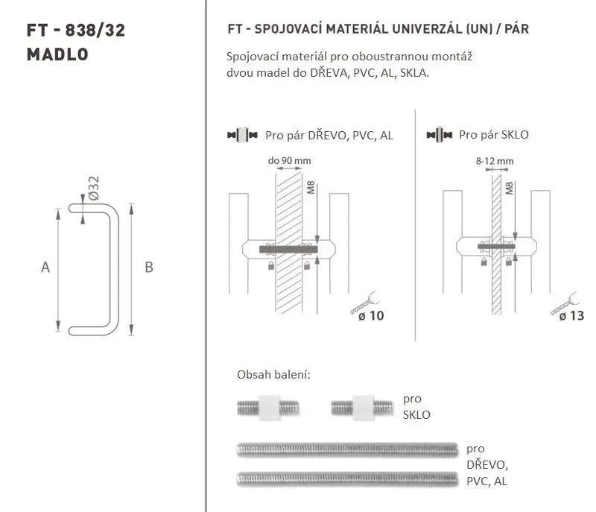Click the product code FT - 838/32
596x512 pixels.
76,30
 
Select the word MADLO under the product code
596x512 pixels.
57,54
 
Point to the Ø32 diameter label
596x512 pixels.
93,188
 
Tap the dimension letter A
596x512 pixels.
45,268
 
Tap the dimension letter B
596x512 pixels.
149,268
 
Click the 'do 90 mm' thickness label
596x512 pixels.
289,160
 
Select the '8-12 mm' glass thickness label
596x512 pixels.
495,161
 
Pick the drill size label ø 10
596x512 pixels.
371,315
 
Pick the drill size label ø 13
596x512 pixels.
571,315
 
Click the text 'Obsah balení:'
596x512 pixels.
273,375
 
